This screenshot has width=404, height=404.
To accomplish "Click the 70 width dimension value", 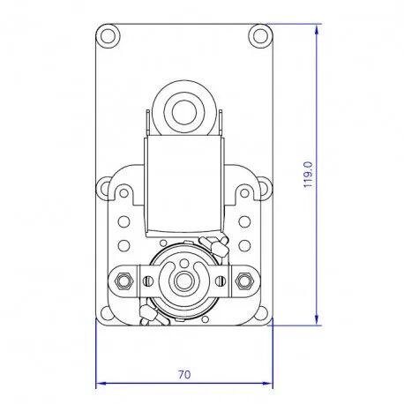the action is click(x=184, y=374).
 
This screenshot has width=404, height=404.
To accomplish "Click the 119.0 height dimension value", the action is click(x=308, y=175).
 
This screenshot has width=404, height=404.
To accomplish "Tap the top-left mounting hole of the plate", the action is click(x=108, y=36).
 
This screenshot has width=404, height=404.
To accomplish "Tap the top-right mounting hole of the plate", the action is click(x=260, y=36).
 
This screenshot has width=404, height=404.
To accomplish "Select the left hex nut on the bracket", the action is click(x=123, y=281).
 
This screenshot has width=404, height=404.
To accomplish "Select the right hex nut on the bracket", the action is click(x=243, y=281).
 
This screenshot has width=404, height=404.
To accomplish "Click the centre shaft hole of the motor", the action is click(x=184, y=281).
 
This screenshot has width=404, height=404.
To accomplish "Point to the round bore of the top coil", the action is click(x=184, y=112).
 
